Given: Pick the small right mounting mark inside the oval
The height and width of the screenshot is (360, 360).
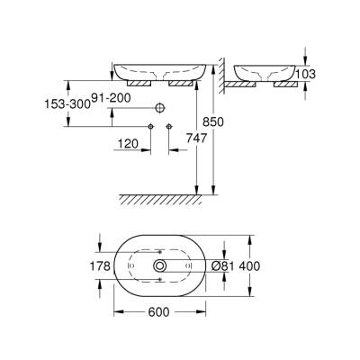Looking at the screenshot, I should pyautogui.click(x=187, y=266).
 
